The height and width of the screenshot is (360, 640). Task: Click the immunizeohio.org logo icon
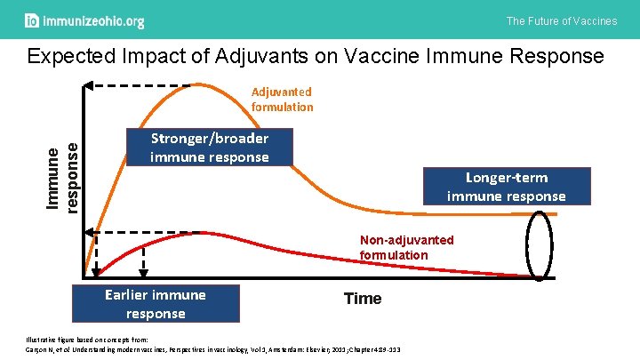tap(32, 20)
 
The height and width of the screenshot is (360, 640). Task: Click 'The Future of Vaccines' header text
tap(561, 20)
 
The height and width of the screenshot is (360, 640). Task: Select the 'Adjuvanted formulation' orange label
tap(282, 100)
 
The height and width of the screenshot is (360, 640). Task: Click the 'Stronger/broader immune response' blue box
tap(210, 148)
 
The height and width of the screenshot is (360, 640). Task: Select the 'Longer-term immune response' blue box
tap(506, 187)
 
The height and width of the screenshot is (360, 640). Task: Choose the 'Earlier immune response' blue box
tap(156, 304)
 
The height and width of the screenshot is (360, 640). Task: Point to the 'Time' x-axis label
tap(363, 299)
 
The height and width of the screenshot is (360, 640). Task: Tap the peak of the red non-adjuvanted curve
tap(203, 234)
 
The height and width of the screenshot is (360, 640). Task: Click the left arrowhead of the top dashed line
tap(91, 85)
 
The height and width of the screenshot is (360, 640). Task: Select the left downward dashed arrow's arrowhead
tap(96, 270)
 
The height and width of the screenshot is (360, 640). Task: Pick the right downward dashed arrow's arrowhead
tap(142, 270)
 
